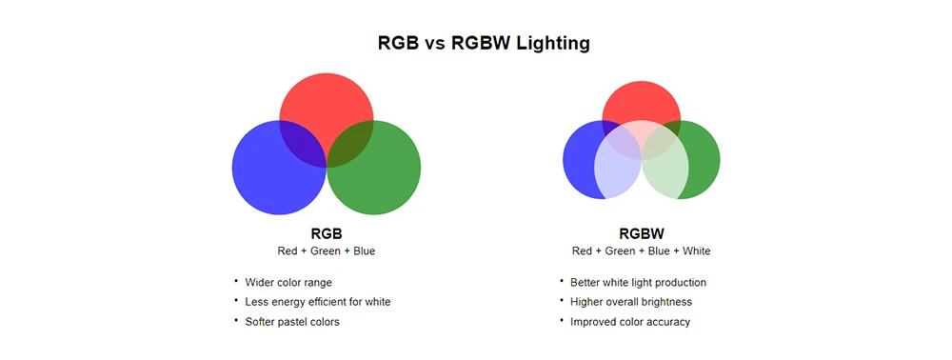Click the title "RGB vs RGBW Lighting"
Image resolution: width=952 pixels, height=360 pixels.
[484, 44]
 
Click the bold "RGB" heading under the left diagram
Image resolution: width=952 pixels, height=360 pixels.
[327, 233]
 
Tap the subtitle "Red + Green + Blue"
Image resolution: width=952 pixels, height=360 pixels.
[327, 251]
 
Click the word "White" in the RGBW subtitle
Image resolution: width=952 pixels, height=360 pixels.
[694, 251]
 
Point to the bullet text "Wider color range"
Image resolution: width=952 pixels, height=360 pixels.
[288, 283]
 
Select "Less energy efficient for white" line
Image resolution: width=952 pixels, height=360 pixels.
[318, 302]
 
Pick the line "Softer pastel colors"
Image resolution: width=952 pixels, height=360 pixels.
[292, 322]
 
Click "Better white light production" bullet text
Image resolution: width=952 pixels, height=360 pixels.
[638, 283]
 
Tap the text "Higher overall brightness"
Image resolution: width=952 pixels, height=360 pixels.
[631, 302]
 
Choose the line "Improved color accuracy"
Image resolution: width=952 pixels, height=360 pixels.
[630, 322]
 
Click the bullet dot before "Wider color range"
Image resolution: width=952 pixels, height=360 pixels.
[236, 281]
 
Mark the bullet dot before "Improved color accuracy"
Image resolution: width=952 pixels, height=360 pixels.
[562, 320]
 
